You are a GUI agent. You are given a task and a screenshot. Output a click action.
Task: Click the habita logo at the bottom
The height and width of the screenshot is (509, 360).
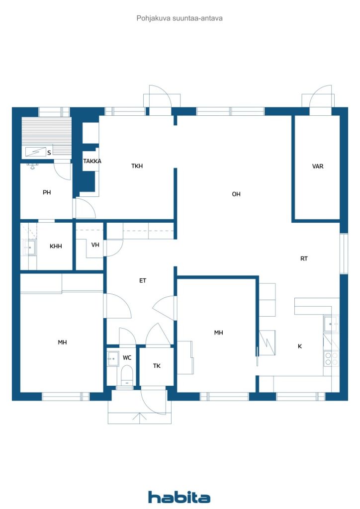[x=179, y=497]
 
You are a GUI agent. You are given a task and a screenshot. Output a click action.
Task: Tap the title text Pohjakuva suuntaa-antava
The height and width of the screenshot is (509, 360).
[x=180, y=18]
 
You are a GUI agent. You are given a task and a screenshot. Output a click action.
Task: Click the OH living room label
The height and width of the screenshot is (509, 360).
[x=236, y=194]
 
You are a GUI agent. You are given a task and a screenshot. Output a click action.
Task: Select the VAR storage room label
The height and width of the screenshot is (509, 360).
[x=317, y=166]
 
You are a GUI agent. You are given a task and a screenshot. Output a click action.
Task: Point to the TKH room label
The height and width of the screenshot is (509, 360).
[x=137, y=166]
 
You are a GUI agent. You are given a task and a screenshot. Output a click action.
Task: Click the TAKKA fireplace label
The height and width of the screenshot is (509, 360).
[x=92, y=161]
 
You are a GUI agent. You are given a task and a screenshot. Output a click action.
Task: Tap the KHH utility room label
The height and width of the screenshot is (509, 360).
[x=56, y=246]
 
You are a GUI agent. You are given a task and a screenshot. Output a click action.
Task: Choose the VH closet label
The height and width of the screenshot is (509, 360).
[x=95, y=245]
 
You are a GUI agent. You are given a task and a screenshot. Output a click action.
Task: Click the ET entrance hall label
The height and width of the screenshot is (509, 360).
[x=143, y=280]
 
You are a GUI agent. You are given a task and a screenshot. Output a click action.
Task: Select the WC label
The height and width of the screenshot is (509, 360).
[x=127, y=358]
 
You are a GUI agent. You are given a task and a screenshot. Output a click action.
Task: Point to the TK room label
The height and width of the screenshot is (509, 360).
[x=157, y=366]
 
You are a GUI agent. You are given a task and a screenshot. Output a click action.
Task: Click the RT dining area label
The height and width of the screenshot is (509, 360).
[x=304, y=258]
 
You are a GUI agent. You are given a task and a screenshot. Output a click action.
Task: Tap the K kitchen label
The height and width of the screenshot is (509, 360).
[x=300, y=346]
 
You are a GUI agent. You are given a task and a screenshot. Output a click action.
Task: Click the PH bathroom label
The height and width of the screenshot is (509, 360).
[x=47, y=192]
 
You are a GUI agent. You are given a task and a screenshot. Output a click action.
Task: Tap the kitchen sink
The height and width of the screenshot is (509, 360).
[x=331, y=324]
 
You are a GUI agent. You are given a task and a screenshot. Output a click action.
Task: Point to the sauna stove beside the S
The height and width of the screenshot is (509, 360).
[x=36, y=152]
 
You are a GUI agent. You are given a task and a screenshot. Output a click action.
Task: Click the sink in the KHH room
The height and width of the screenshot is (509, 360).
[x=29, y=248]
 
